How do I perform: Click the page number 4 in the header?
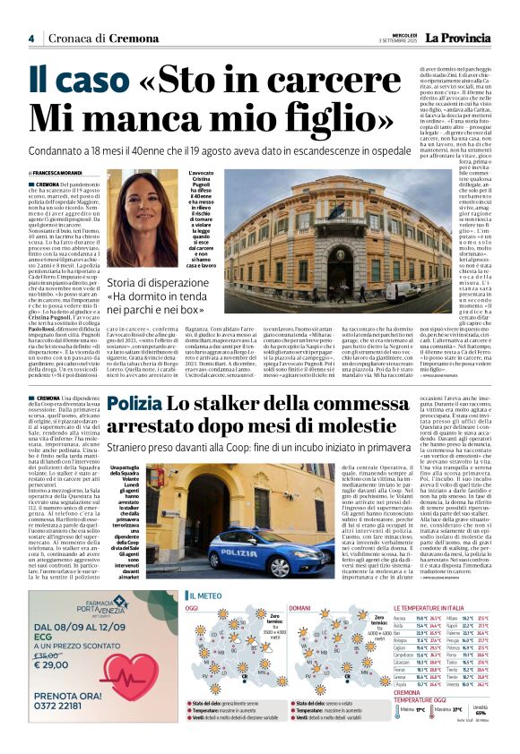pos(31,39)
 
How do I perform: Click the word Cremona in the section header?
pos(133,39)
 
